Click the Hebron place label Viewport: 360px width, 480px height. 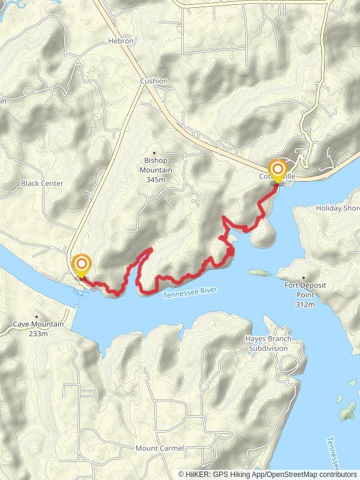120,41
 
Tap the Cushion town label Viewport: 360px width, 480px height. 154,81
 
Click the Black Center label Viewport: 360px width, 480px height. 41,184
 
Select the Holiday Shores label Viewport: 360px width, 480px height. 338,208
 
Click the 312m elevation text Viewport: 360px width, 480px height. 305,305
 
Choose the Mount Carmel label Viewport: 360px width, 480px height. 155,449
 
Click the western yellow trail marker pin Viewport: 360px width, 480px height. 82,265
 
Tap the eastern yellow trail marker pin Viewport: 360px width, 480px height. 277,170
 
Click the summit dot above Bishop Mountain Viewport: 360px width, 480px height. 155,152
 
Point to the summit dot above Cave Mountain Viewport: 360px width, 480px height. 37,316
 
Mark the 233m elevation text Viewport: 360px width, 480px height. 37,333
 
